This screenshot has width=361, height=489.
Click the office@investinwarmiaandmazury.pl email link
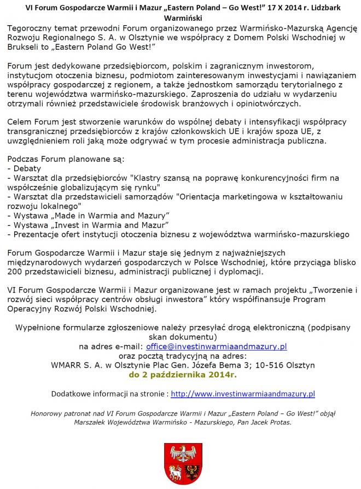(x=216, y=347)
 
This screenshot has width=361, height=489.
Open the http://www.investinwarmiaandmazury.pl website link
(x=243, y=393)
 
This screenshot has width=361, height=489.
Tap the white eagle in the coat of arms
(x=183, y=453)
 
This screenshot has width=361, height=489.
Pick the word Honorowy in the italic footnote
(x=49, y=414)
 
